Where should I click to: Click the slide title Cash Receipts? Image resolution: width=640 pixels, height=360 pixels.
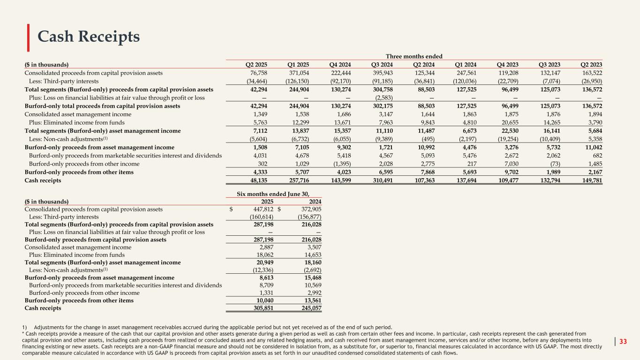click(x=89, y=37)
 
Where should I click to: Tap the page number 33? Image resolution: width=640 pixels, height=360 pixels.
click(x=623, y=341)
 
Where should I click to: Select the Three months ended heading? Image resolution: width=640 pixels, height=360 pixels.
click(x=414, y=56)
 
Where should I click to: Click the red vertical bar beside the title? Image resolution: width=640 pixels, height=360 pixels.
click(x=29, y=37)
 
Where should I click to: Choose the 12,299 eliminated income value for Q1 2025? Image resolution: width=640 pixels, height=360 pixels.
click(x=304, y=123)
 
